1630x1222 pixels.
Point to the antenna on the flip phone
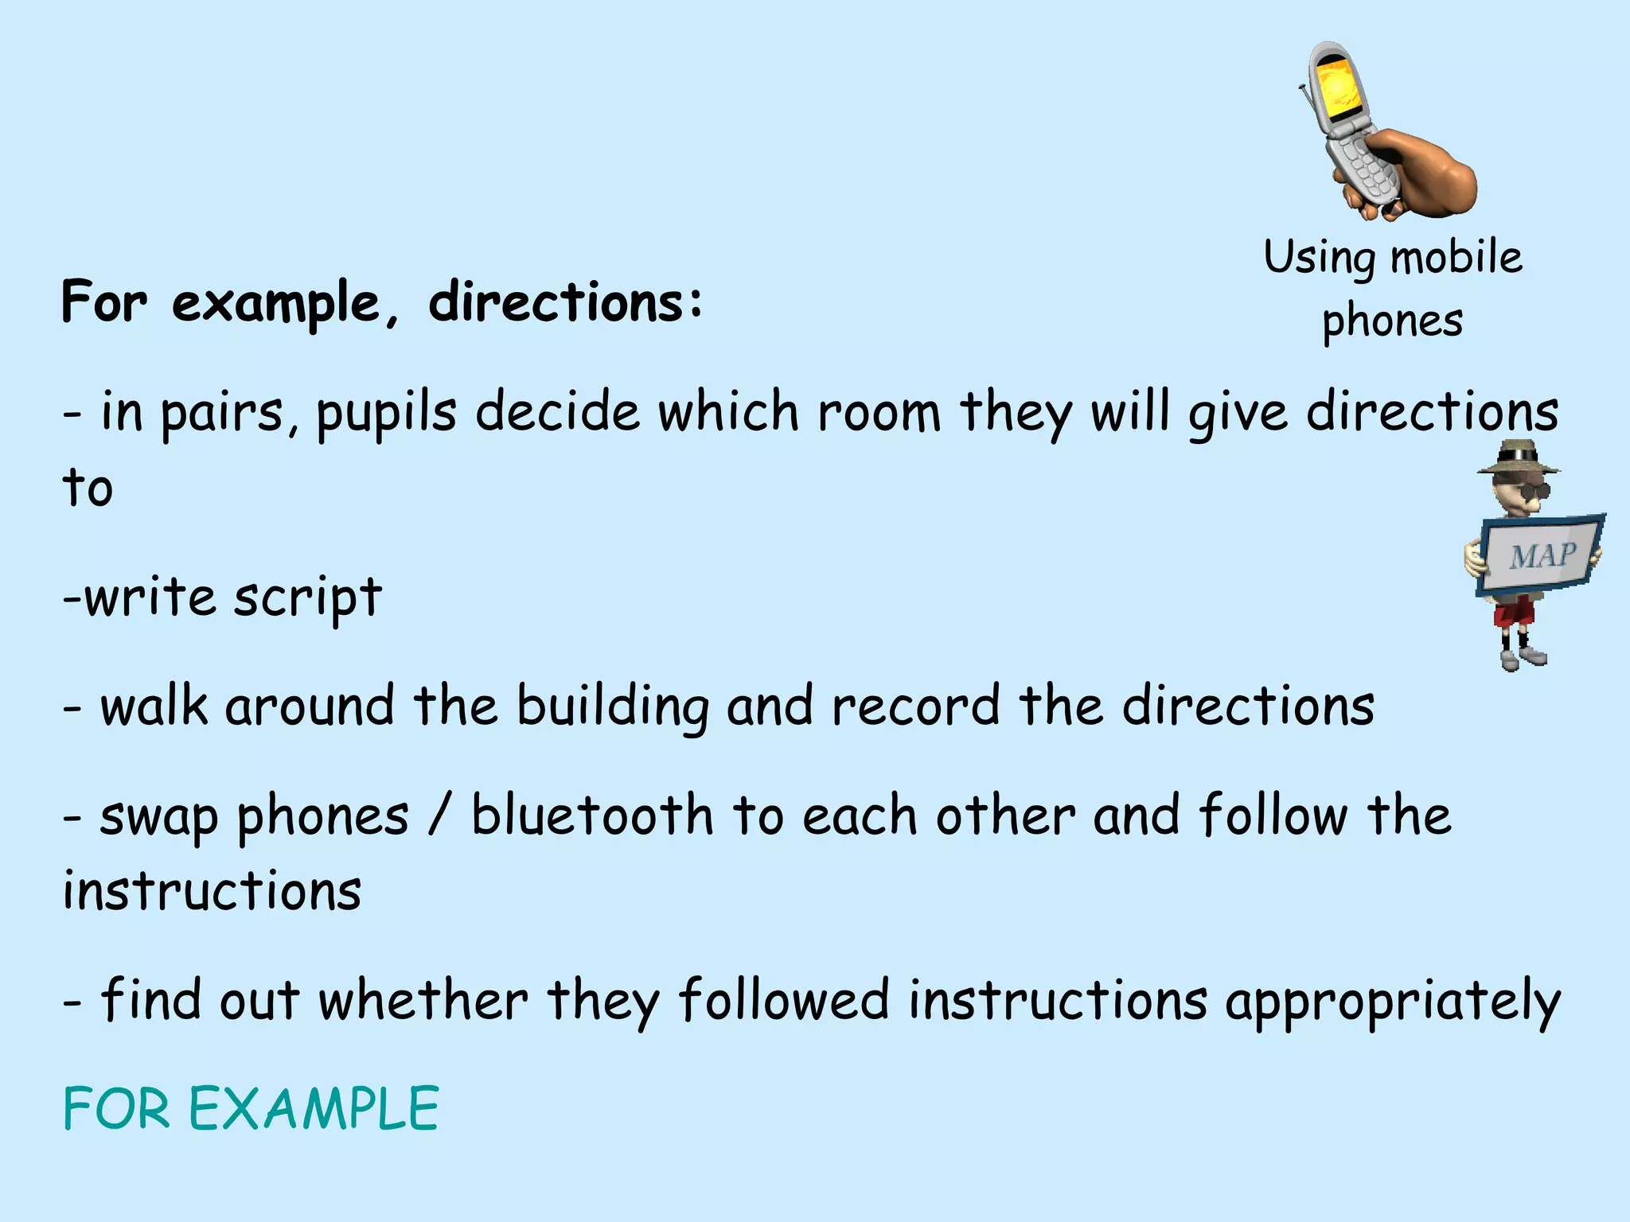[x=1308, y=107]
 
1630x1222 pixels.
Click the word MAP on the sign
[x=1543, y=555]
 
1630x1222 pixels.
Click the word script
[x=307, y=598]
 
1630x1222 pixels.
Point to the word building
[x=612, y=706]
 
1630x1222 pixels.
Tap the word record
[x=915, y=706]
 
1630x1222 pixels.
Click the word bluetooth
[x=592, y=816]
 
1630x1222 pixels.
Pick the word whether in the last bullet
[x=423, y=1001]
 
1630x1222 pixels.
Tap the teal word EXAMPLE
[x=313, y=1108]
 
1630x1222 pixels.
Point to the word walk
[x=154, y=706]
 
